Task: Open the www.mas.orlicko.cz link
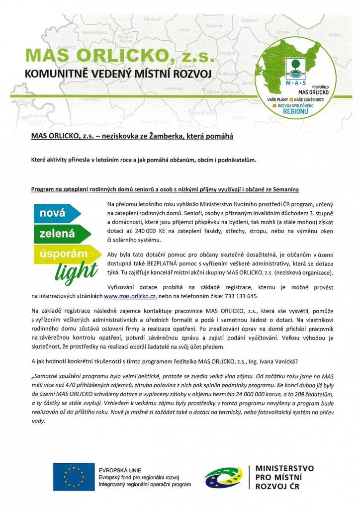[130, 296]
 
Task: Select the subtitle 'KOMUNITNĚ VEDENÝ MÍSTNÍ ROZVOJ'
[118, 74]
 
